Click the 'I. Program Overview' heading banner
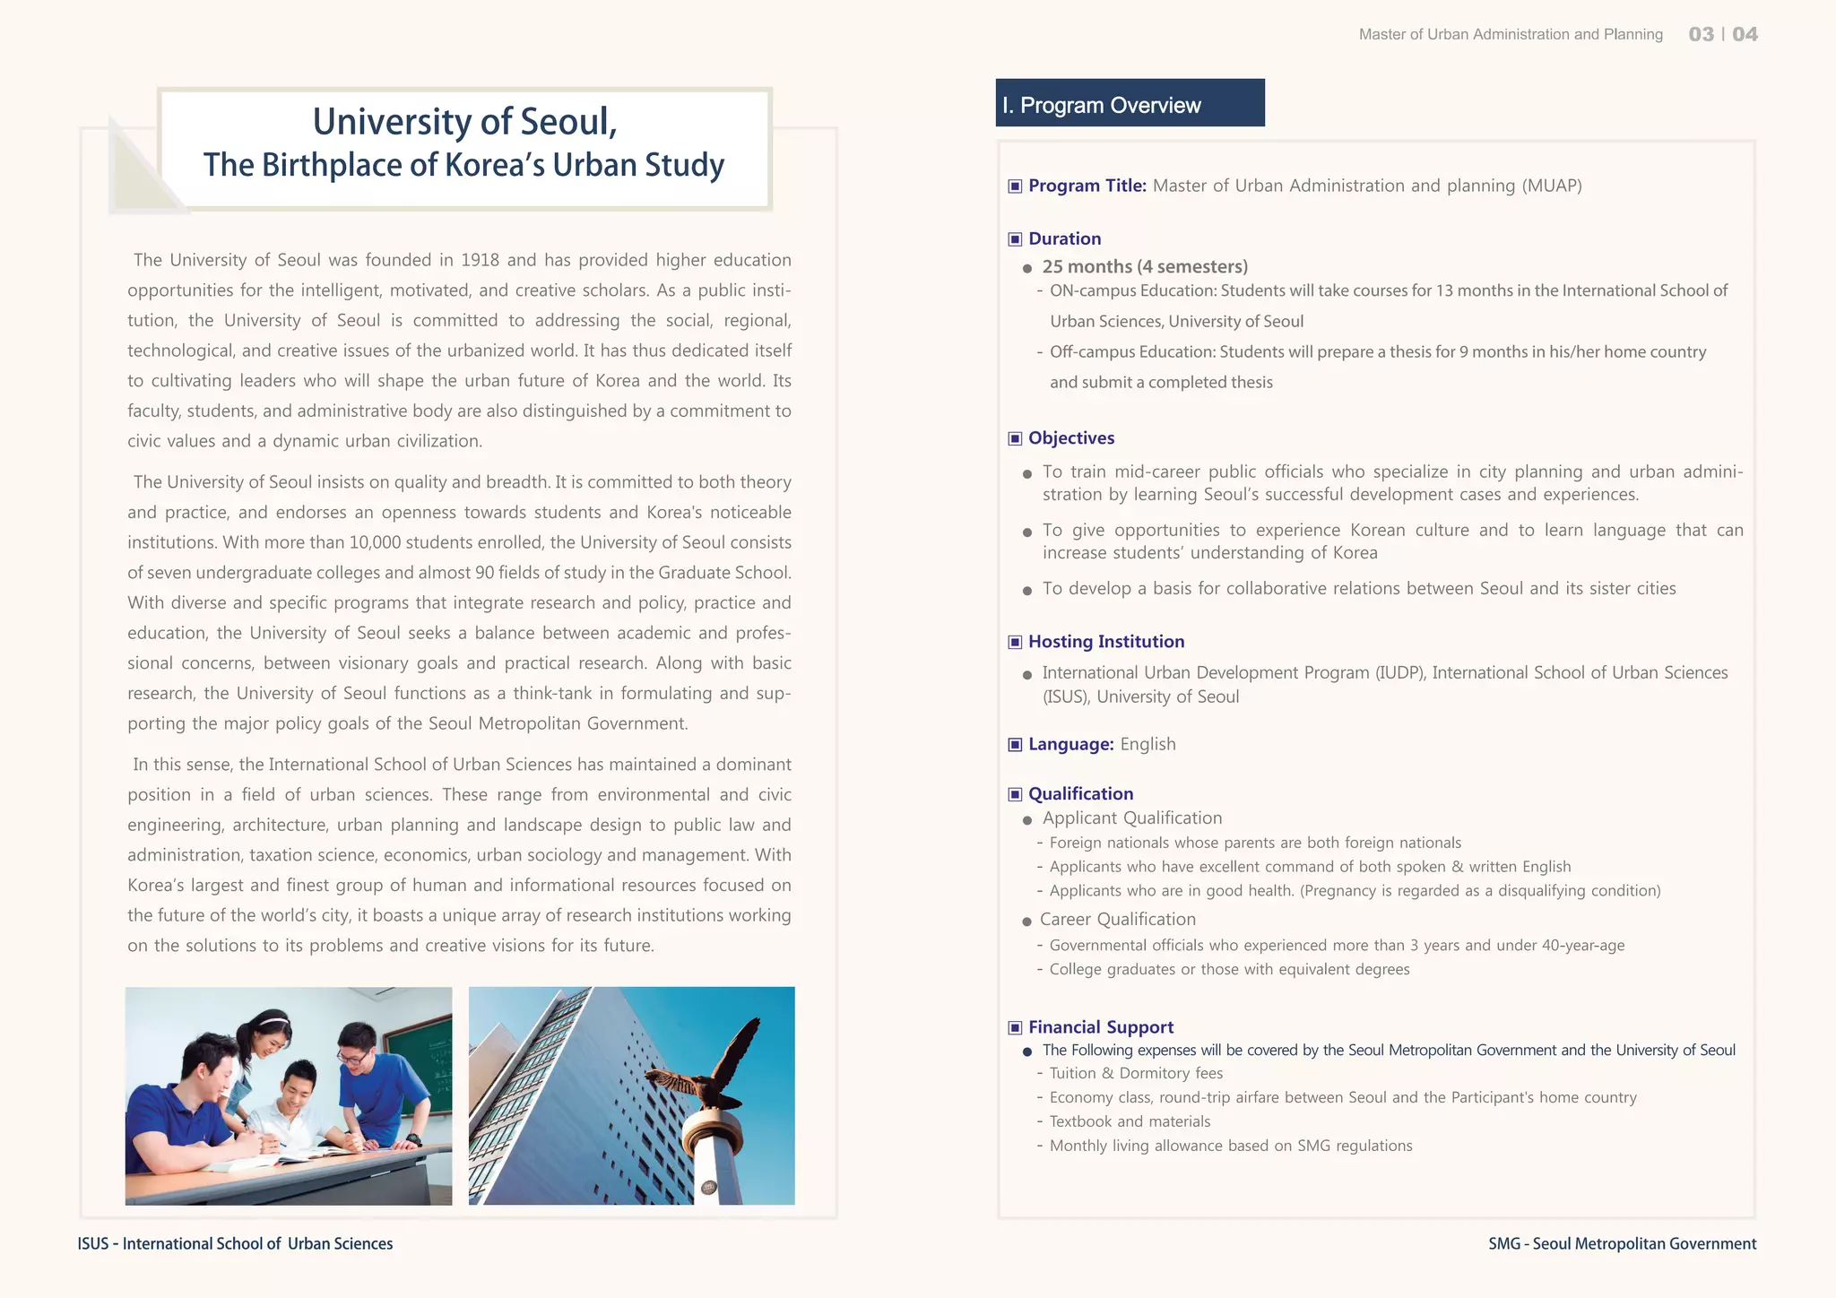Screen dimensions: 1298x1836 point(1129,104)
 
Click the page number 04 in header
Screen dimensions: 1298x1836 point(1745,34)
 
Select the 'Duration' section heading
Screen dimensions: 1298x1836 point(1064,238)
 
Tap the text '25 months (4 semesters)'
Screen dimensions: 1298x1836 point(1145,266)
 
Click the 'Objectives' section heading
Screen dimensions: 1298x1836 point(1071,437)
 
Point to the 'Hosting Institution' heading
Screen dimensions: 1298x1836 point(1105,641)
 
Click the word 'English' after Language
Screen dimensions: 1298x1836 point(1147,744)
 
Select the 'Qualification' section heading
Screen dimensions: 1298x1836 point(1080,793)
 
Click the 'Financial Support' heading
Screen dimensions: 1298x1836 point(1100,1027)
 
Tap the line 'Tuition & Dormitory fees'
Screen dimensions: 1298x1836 point(1136,1073)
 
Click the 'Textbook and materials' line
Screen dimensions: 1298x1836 point(1130,1121)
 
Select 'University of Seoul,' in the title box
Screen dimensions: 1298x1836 point(464,122)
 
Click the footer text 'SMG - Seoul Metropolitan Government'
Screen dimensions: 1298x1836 point(1622,1243)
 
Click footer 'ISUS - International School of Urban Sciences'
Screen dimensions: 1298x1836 point(235,1243)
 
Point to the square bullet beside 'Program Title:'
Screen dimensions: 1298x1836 point(1015,186)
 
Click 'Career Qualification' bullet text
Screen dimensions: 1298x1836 point(1117,919)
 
